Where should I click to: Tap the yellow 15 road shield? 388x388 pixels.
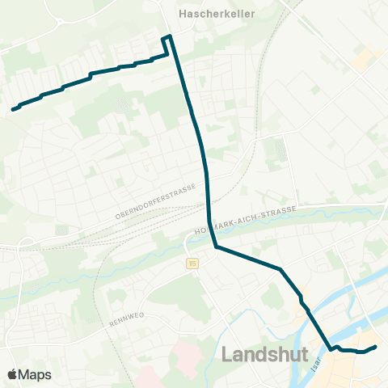point(192,263)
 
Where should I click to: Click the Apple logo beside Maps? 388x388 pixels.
point(12,374)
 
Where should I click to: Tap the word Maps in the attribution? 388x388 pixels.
point(35,374)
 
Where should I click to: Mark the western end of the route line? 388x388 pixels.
point(14,109)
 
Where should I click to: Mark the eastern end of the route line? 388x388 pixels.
point(376,347)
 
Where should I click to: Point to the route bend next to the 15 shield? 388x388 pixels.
point(216,247)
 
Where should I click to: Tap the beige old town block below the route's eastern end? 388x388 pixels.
point(368,368)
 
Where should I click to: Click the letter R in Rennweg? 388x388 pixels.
point(112,324)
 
